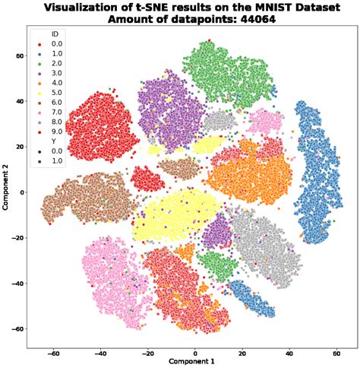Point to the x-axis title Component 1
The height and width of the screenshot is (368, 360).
(x=194, y=361)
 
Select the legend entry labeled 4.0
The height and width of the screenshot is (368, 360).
(x=52, y=83)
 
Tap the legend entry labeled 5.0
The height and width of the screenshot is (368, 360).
(x=52, y=92)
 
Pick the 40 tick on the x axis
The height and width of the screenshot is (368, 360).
(x=289, y=353)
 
